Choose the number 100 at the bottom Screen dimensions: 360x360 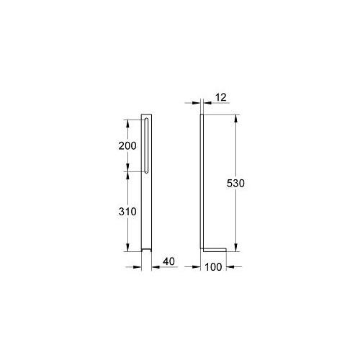[212, 268]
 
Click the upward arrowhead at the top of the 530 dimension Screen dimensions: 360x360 [235, 118]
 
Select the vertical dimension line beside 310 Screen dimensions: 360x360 [128, 230]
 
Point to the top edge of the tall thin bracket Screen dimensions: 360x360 [202, 115]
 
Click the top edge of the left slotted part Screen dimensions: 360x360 [147, 115]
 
